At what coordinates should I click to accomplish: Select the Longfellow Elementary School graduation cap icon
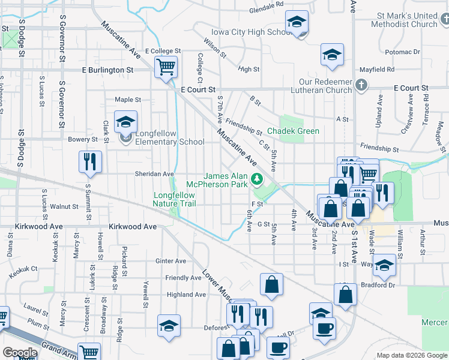[x=125, y=122]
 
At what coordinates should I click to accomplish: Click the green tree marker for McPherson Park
[x=257, y=179]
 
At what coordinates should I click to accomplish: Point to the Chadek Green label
[x=293, y=131]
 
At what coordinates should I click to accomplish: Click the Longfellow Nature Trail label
[x=174, y=199]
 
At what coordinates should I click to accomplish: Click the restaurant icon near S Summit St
[x=90, y=161]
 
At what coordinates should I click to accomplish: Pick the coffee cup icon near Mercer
[x=324, y=328]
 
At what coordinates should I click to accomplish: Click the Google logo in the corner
[x=19, y=353]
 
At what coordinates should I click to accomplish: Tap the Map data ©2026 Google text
[x=412, y=355]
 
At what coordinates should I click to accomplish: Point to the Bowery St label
[x=86, y=140]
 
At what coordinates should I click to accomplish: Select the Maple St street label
[x=128, y=100]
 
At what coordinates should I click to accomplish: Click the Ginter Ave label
[x=171, y=261]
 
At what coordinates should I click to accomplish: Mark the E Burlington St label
[x=108, y=70]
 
